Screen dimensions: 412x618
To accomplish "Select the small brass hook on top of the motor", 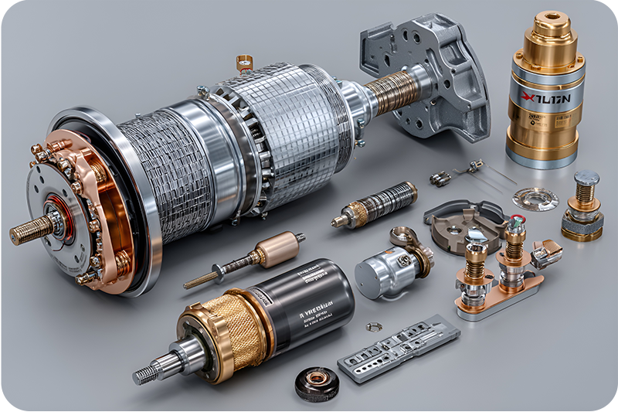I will [245, 63].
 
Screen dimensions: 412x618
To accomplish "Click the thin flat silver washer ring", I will [535, 199].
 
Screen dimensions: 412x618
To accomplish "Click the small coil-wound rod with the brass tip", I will [375, 204].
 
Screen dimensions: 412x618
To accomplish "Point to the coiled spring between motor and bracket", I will [390, 92].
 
